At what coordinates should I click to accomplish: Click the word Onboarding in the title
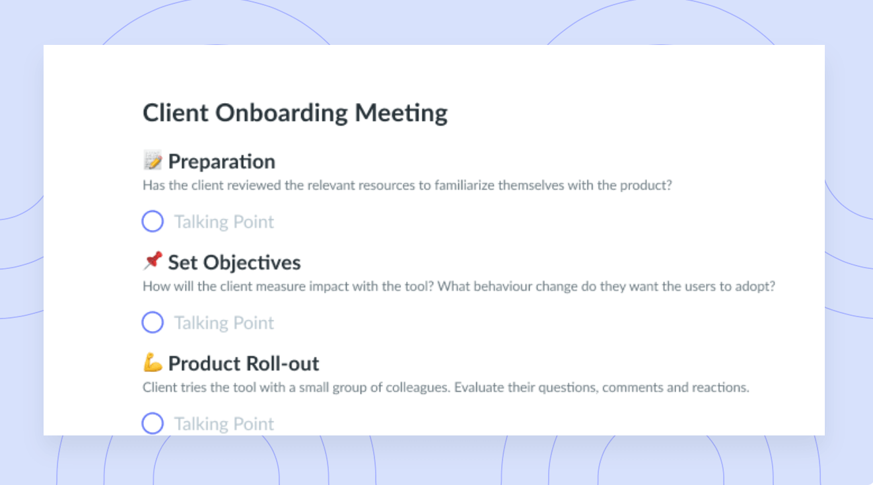tap(281, 114)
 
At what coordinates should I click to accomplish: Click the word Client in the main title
tap(176, 113)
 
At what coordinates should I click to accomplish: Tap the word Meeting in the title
tap(401, 114)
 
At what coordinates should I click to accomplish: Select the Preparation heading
tap(221, 161)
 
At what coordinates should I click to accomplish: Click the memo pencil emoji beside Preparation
tap(153, 161)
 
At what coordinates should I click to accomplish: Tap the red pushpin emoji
tap(153, 261)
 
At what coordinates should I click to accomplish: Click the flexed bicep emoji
tap(153, 362)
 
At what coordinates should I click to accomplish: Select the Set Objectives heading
tap(234, 262)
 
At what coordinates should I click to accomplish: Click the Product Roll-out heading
tap(244, 363)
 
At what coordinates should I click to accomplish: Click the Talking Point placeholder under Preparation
tap(224, 222)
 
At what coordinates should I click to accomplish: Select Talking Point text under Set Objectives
tap(224, 323)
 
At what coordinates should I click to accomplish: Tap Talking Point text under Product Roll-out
tap(224, 424)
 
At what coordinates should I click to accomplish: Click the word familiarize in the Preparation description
tap(464, 185)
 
